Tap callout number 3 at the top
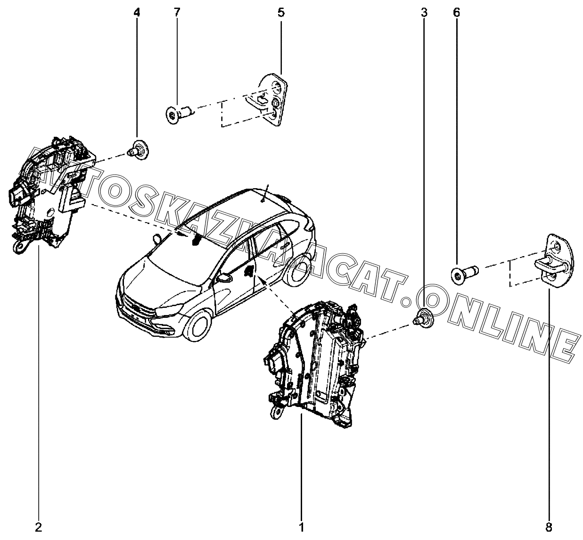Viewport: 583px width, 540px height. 424,13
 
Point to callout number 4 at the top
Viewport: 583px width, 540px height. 137,13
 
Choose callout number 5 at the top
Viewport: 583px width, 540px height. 281,13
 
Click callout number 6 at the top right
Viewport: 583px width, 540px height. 456,13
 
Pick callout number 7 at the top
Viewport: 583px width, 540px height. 177,13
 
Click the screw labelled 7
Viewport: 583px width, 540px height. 180,114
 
